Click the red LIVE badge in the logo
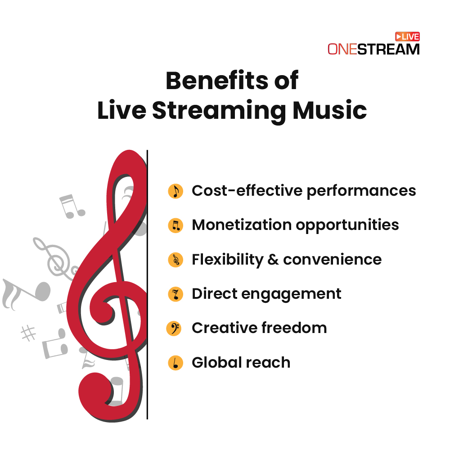(x=407, y=36)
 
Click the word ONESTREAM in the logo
(x=373, y=49)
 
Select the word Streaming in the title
(x=219, y=111)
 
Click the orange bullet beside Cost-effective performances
(x=175, y=191)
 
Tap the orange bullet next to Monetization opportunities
(x=175, y=225)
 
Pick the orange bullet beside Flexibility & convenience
(x=175, y=260)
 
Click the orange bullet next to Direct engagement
(x=175, y=294)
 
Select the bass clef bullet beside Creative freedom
(x=174, y=328)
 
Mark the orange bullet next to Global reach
(x=175, y=363)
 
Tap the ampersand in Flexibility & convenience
(x=273, y=260)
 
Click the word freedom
(x=294, y=328)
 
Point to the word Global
(x=216, y=362)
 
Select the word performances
(x=361, y=191)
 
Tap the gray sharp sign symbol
(x=28, y=333)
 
